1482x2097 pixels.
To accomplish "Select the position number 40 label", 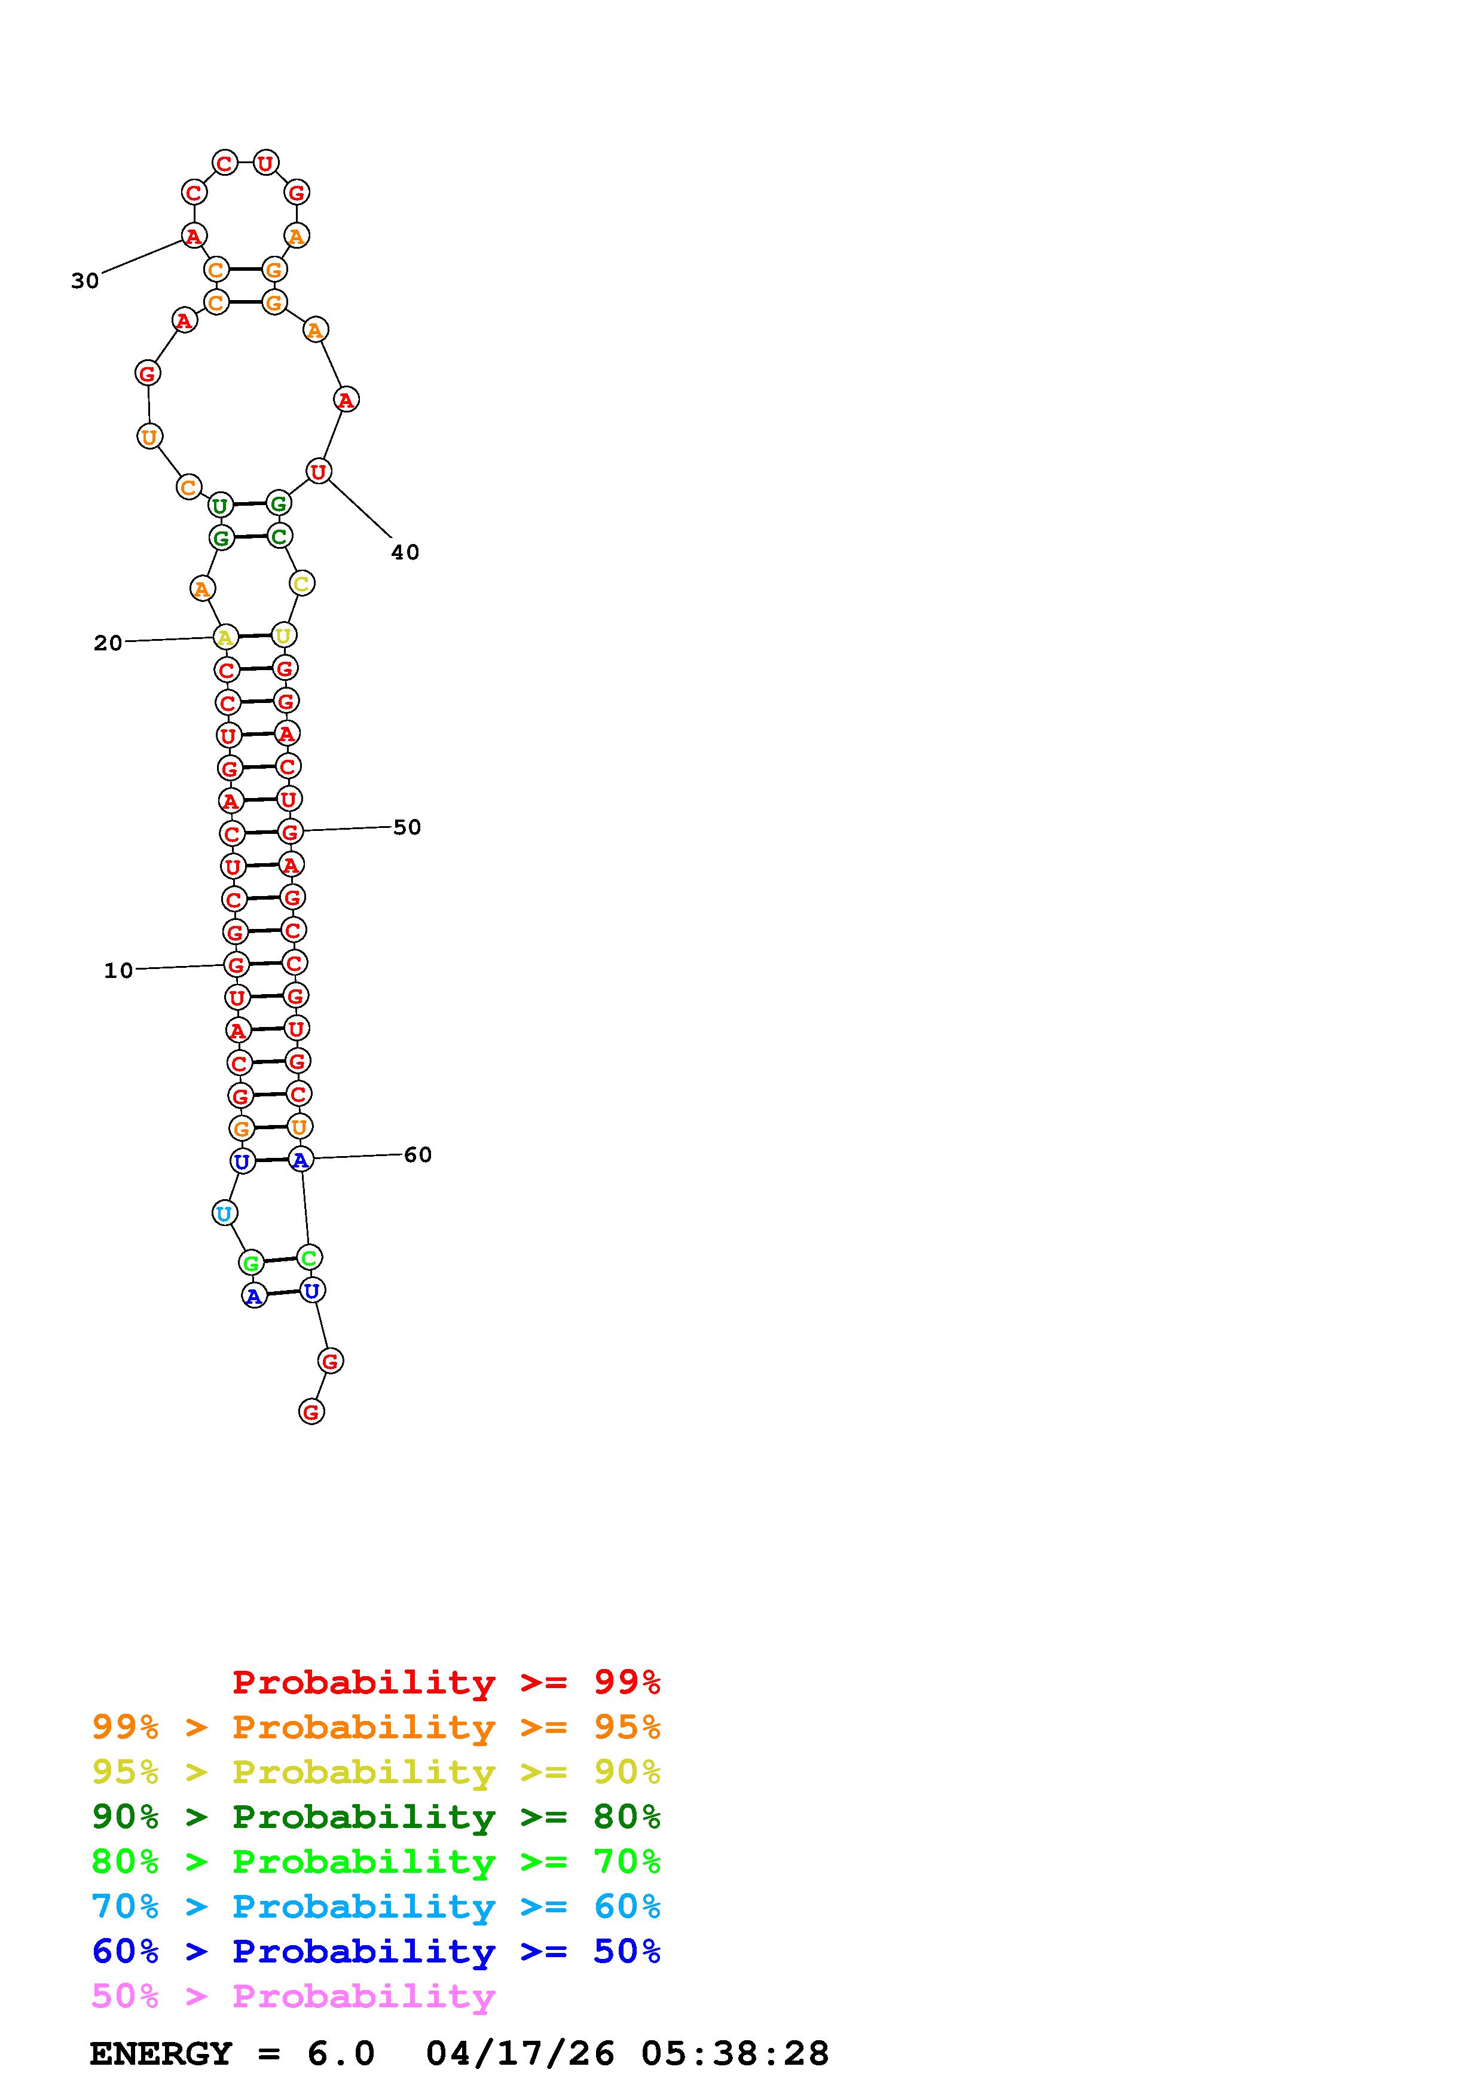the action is pyautogui.click(x=405, y=552).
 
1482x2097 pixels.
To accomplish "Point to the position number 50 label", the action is pyautogui.click(x=407, y=827).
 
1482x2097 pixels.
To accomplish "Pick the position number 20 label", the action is pyautogui.click(x=108, y=643).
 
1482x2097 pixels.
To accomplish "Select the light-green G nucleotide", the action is pyautogui.click(x=250, y=1263).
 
